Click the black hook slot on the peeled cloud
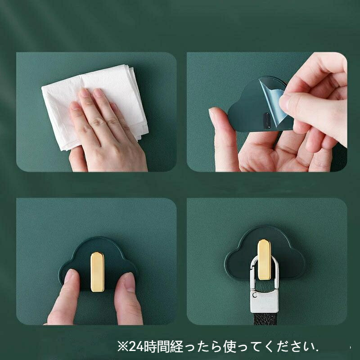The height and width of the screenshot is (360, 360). [x=266, y=120]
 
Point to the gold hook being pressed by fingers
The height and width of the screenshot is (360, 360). [x=97, y=272]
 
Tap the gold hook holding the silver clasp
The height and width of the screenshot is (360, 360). [x=264, y=259]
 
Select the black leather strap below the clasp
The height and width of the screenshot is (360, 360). [x=265, y=319]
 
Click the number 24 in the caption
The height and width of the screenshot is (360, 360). [x=136, y=346]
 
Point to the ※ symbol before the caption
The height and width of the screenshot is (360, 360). [x=123, y=346]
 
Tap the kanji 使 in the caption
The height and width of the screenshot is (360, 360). [x=230, y=346]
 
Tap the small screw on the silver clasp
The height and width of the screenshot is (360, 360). [x=254, y=294]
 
